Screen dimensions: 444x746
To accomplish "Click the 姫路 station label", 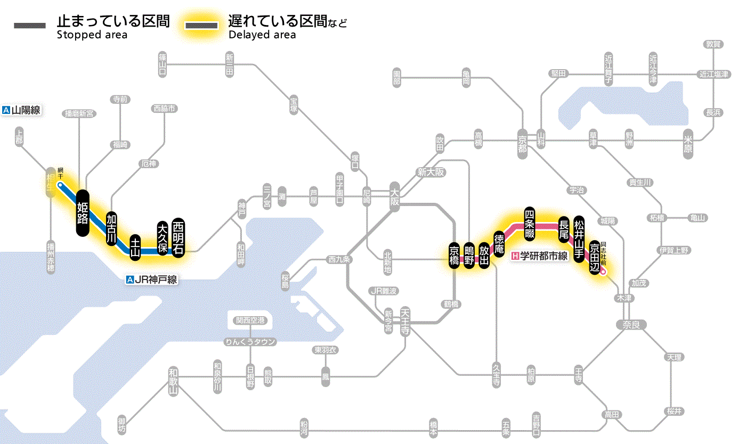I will click(83, 213).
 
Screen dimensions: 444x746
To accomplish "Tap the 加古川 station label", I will click(111, 228).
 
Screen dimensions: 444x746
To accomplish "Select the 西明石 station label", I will click(178, 236).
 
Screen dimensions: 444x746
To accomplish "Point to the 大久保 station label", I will click(163, 237).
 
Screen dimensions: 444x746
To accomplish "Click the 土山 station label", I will click(135, 249).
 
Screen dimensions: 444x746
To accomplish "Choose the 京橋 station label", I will click(454, 256).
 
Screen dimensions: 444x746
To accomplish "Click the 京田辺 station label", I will click(595, 257).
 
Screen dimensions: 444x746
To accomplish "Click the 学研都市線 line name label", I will click(540, 256).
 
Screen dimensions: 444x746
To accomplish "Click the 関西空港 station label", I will click(250, 320).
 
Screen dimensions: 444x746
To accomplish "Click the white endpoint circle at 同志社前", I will click(603, 272).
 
